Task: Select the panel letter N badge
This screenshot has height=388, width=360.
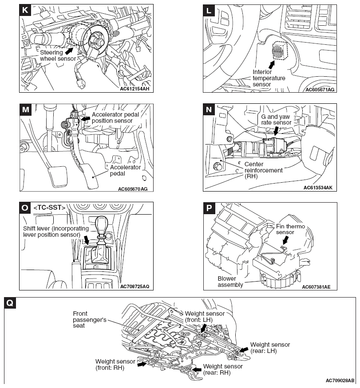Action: pyautogui.click(x=209, y=109)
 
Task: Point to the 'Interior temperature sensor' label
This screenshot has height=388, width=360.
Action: pyautogui.click(x=269, y=78)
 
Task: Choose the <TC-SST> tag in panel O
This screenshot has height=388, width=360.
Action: pyautogui.click(x=50, y=207)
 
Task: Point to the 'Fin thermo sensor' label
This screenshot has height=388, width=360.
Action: pyautogui.click(x=285, y=229)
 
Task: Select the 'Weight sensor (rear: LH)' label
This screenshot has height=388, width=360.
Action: pyautogui.click(x=270, y=348)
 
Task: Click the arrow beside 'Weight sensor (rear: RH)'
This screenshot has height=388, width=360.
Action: pyautogui.click(x=196, y=369)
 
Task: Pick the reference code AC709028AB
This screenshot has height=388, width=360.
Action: pyautogui.click(x=340, y=380)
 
